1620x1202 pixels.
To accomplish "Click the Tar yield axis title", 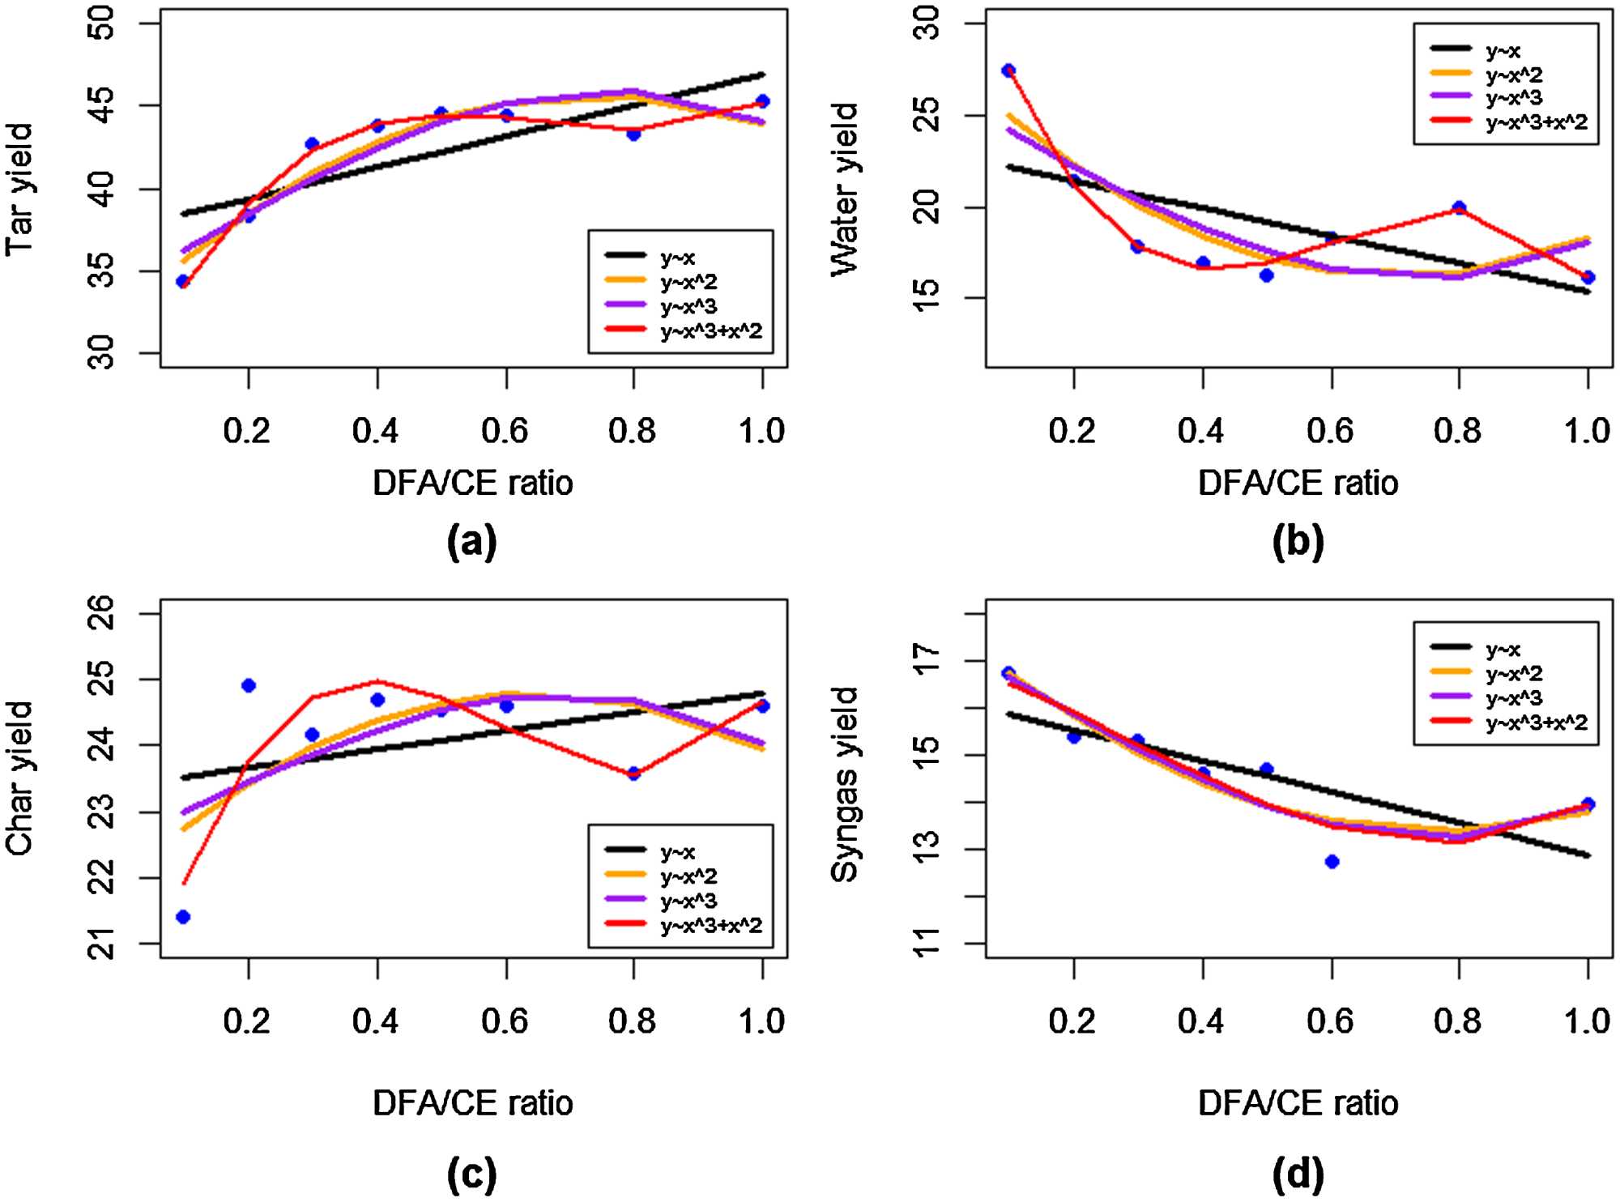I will click(x=19, y=190).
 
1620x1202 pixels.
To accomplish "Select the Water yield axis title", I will click(x=845, y=190).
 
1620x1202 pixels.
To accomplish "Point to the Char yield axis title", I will click(x=19, y=778).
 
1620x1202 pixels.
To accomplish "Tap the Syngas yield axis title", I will click(x=845, y=784).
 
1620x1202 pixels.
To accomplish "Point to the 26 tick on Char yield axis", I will click(x=102, y=613).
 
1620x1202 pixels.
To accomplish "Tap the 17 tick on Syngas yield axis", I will click(x=927, y=660).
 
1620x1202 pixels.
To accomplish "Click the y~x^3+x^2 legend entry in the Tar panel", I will click(x=711, y=331).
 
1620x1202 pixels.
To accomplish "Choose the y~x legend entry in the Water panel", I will click(x=1503, y=51).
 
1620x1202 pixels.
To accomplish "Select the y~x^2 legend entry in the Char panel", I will click(x=688, y=876).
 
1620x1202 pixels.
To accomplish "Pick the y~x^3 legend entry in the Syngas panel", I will click(x=1514, y=698).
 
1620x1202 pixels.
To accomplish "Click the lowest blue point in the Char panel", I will click(x=183, y=917).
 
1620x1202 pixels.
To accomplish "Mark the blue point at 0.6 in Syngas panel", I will click(x=1332, y=862).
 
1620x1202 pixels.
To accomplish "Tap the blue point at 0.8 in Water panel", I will click(x=1460, y=208).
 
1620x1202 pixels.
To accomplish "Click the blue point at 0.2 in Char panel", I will click(x=249, y=686).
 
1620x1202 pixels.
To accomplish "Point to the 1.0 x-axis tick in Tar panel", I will click(x=761, y=431).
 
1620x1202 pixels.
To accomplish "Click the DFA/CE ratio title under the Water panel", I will click(x=1298, y=484).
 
